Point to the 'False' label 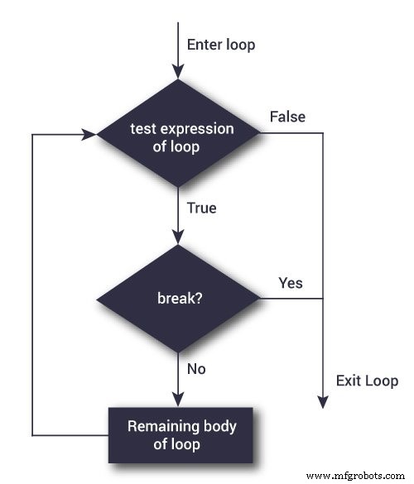(287, 117)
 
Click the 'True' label (202, 208)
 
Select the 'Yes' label (290, 283)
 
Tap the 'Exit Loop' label (367, 381)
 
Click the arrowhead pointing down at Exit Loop (322, 402)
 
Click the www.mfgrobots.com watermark (357, 476)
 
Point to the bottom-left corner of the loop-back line (31, 434)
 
